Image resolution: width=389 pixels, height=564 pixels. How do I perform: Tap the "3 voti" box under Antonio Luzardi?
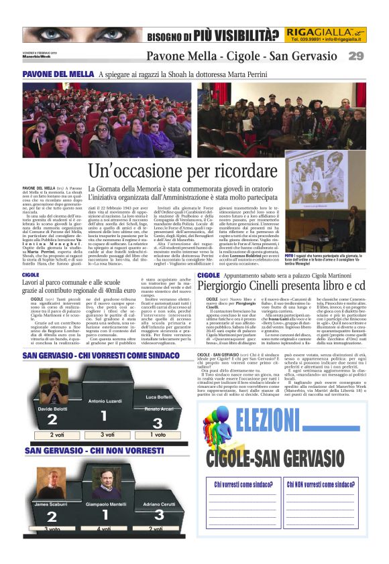click(103, 435)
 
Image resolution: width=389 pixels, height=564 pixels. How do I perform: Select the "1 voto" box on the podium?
click(156, 435)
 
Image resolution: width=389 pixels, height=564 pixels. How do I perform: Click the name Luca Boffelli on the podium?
click(159, 397)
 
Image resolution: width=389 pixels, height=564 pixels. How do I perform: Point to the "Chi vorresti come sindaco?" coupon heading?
click(243, 503)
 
